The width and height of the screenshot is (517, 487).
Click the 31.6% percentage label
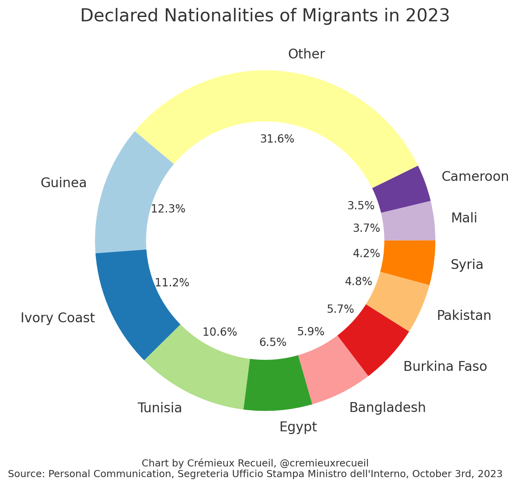click(x=277, y=139)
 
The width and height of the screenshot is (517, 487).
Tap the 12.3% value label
click(x=168, y=209)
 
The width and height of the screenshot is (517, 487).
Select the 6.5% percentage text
click(x=273, y=342)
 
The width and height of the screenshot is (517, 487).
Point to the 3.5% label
click(x=361, y=206)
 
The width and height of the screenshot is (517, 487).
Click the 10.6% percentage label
click(x=220, y=332)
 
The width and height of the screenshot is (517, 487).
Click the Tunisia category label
click(x=160, y=408)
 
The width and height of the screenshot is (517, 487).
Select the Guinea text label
click(x=64, y=183)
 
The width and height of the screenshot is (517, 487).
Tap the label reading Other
click(x=307, y=54)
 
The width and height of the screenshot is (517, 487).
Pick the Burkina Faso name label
click(x=445, y=367)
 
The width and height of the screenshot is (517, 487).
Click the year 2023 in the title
click(x=431, y=16)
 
